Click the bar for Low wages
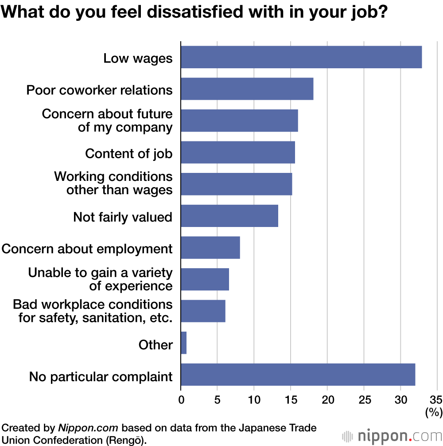301,57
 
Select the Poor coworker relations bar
247,89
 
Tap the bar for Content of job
238,152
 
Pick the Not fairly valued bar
229,216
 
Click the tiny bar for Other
183,343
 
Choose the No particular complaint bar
298,375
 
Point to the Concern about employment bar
210,247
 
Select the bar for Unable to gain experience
205,279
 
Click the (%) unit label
434,412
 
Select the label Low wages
138,58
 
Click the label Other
155,344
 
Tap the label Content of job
128,153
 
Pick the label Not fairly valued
123,217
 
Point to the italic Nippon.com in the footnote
87,428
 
